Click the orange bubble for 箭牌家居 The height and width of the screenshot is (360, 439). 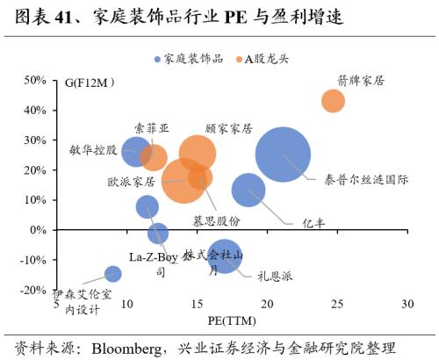click(333, 100)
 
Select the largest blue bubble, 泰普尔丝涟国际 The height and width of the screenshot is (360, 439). click(283, 155)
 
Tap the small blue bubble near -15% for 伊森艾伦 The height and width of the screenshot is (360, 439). click(112, 274)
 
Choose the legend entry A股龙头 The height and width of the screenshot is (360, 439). click(269, 59)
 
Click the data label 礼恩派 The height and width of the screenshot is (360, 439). click(275, 275)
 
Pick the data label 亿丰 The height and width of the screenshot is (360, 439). click(313, 223)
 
